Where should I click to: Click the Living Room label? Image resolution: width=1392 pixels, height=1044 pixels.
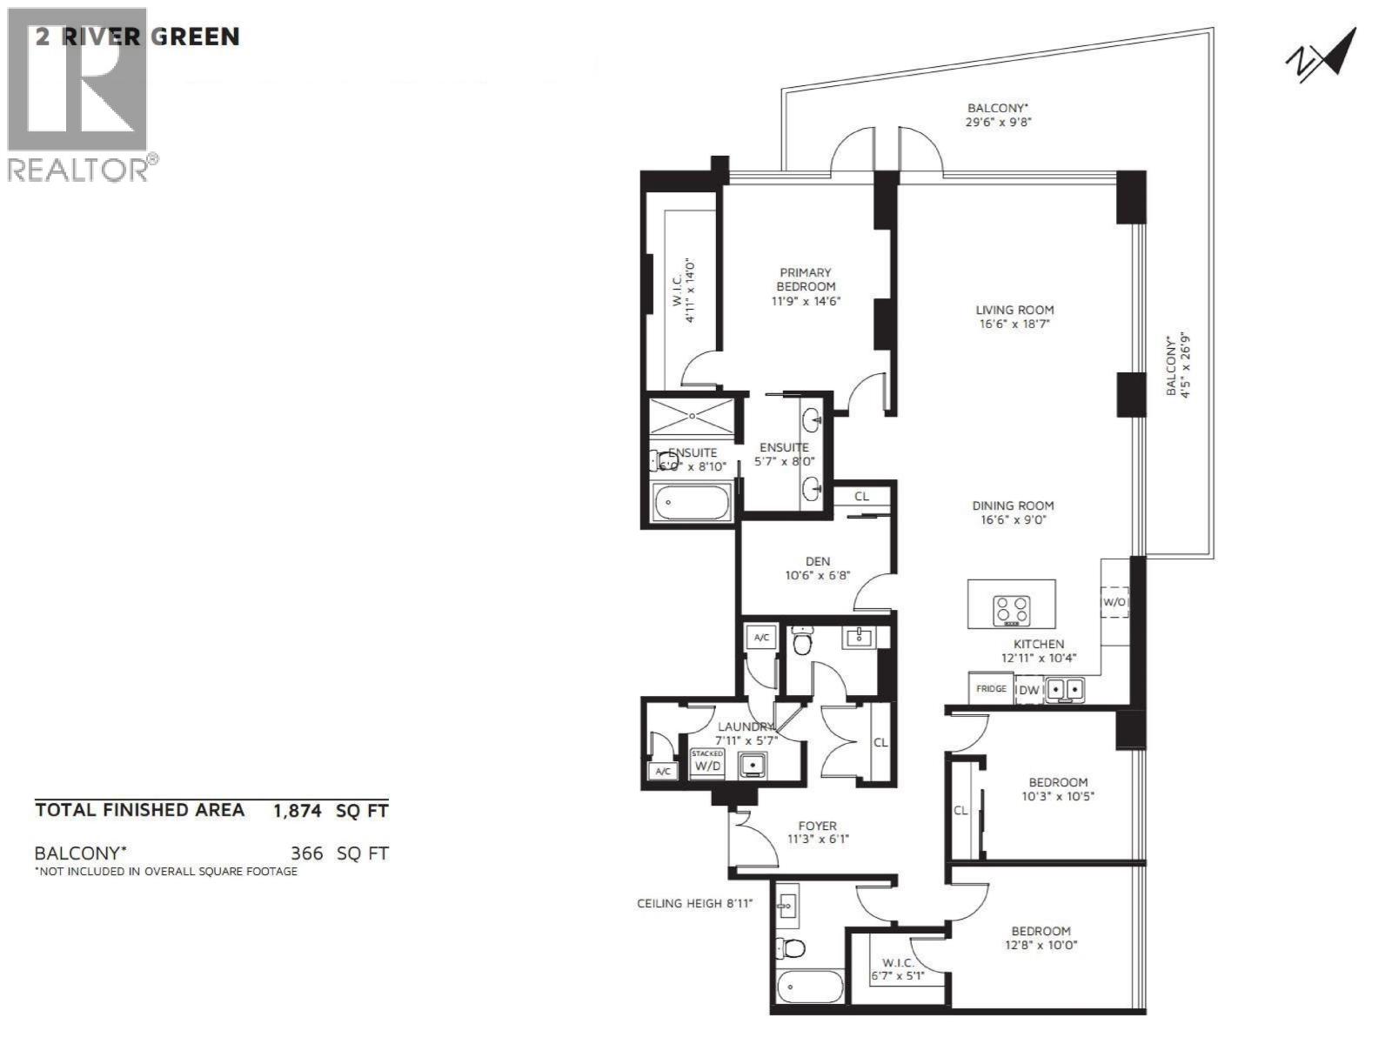point(1014,310)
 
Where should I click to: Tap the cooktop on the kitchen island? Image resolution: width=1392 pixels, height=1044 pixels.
point(1012,610)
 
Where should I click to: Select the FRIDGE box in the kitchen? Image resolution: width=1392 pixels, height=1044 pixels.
point(991,688)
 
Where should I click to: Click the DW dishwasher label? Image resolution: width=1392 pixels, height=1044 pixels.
point(1029,690)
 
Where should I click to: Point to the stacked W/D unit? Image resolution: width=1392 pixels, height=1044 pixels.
point(706,763)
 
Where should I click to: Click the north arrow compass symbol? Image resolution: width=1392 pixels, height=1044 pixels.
point(1321,56)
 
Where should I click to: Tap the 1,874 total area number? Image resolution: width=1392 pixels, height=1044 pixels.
point(298,811)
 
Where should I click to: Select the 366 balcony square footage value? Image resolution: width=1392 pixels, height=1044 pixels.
point(306,853)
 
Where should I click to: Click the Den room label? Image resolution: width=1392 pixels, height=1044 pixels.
point(817,561)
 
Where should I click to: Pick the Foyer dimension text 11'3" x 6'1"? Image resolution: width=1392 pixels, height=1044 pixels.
point(817,840)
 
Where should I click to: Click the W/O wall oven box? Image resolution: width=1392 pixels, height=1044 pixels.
point(1114,601)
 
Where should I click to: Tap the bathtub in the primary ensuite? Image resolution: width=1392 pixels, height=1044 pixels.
point(692,502)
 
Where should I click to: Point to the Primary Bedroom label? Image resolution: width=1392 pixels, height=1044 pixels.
point(806,279)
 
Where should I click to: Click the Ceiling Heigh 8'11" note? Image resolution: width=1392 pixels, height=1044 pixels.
point(694,903)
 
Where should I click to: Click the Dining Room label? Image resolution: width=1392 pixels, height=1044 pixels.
point(1013,505)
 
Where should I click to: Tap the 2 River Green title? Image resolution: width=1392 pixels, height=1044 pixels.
point(137,37)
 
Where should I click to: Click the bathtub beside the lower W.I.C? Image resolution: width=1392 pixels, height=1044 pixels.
point(809,987)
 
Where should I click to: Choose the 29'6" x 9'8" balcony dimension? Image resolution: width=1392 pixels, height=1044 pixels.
point(999,123)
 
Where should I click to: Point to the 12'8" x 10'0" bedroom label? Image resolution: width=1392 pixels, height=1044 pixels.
point(1041,945)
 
